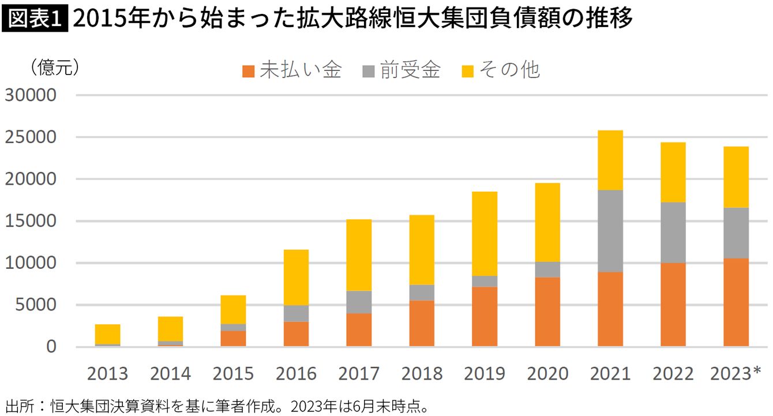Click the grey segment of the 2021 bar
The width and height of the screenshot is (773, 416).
(x=610, y=231)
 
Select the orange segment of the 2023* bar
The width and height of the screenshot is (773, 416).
(x=736, y=302)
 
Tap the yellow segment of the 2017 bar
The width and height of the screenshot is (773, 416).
(x=359, y=255)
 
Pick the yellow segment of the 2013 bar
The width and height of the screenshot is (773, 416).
(x=108, y=334)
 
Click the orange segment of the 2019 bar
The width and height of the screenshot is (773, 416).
(x=485, y=317)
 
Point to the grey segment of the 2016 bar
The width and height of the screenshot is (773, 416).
(x=296, y=313)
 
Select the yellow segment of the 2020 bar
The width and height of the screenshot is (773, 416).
(x=547, y=222)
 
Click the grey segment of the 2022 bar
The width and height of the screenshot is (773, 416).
(x=673, y=233)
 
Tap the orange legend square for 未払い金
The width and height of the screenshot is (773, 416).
(x=249, y=71)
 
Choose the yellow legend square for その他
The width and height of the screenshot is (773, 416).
(x=468, y=71)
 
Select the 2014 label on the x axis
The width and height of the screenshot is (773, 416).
(x=170, y=374)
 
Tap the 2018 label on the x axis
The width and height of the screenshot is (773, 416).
(x=422, y=374)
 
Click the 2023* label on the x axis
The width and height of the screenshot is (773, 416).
(x=736, y=374)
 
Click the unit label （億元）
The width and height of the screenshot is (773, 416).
(x=54, y=68)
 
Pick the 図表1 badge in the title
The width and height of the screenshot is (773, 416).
(x=35, y=19)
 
